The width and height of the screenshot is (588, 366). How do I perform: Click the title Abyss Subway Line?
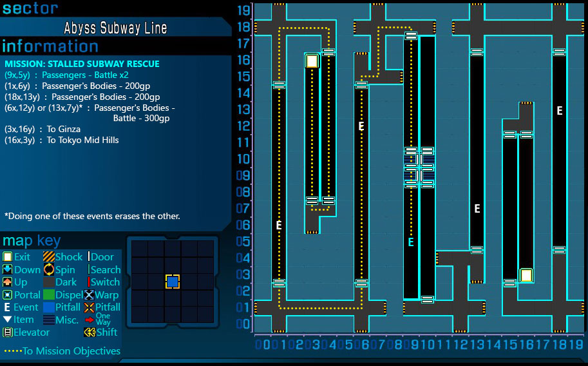[115, 28]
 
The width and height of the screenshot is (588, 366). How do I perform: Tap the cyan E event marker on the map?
[410, 242]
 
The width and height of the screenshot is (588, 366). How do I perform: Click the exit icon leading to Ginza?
[312, 61]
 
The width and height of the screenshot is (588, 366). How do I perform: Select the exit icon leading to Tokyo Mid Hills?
[526, 275]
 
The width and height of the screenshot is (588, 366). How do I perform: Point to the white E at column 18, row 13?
[560, 111]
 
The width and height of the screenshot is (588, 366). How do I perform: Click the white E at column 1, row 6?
[279, 226]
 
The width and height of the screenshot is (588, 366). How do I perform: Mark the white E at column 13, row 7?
[477, 209]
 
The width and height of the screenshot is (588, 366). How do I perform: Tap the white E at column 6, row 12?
[361, 127]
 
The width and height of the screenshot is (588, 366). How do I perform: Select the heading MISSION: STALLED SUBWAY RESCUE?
[82, 64]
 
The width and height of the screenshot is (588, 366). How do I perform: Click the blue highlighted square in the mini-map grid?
[173, 282]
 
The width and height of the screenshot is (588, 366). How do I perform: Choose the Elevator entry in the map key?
[31, 332]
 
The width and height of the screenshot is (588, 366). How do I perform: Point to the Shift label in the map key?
[107, 332]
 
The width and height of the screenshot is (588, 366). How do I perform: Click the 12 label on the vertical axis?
[243, 126]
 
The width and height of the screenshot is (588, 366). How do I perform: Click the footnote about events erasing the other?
[92, 216]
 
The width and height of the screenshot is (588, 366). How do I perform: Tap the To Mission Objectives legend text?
[71, 351]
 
